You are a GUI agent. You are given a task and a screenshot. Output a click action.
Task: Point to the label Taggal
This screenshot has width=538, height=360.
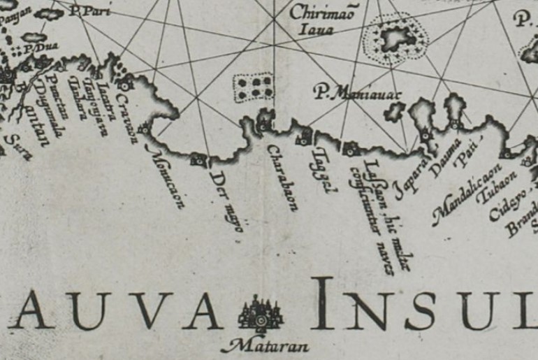(321, 171)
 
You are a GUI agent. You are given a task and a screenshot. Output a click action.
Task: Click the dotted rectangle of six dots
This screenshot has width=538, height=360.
(253, 88)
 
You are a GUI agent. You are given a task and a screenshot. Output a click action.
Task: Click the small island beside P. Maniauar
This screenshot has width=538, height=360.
(395, 110)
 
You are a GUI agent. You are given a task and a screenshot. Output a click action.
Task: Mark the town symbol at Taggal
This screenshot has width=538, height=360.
(305, 136)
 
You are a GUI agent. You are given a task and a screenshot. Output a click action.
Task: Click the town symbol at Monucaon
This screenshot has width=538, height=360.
(145, 129)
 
